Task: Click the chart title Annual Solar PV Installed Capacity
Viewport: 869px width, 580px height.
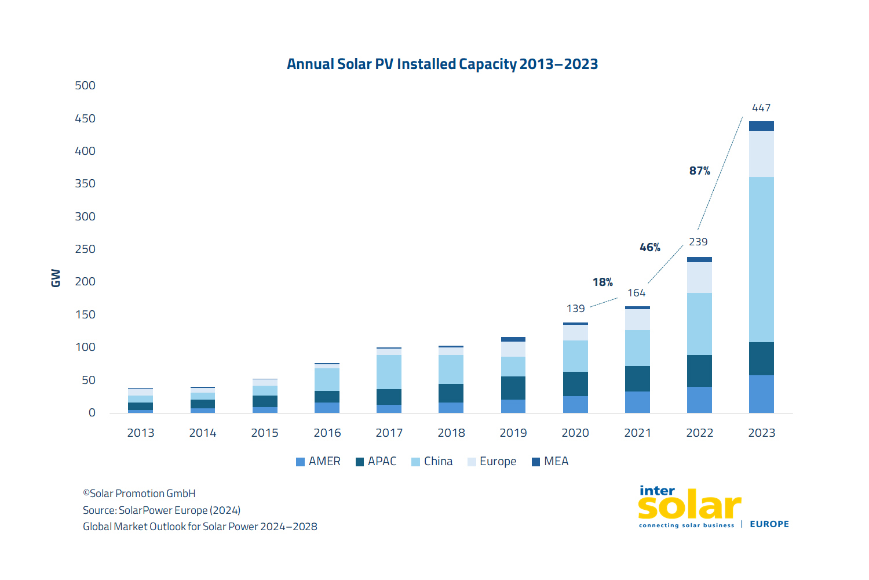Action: click(442, 64)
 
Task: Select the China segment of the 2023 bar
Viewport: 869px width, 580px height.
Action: click(761, 259)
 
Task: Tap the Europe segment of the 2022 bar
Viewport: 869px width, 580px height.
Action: click(699, 277)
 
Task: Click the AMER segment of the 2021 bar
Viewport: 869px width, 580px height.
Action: click(637, 402)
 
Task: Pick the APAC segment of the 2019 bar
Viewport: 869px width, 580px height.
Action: click(513, 388)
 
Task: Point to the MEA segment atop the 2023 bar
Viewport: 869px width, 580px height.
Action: click(761, 126)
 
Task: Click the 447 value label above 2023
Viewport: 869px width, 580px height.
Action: click(761, 108)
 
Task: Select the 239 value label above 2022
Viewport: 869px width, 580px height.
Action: click(698, 242)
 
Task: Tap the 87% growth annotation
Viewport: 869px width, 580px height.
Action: click(699, 171)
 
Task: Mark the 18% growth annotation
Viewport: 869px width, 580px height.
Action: click(603, 282)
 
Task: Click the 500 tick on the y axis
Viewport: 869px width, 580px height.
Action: click(85, 85)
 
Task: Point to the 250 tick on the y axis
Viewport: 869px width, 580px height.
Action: click(85, 249)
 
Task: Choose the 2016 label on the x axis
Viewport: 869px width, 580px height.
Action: click(327, 433)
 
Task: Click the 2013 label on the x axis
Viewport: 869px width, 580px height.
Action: click(141, 433)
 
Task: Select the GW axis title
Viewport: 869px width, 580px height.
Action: click(56, 278)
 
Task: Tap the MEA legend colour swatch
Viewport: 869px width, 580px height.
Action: click(536, 462)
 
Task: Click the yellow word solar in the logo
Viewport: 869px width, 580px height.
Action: click(689, 507)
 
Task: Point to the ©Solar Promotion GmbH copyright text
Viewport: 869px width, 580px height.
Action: click(139, 494)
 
